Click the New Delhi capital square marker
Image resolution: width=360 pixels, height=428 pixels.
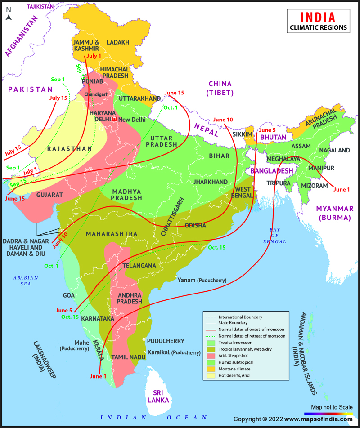pyautogui.click(x=114, y=119)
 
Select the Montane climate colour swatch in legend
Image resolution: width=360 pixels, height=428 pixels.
pyautogui.click(x=211, y=368)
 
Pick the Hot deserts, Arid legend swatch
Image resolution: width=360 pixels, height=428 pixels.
pyautogui.click(x=211, y=375)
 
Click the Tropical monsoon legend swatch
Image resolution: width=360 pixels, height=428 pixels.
pyautogui.click(x=211, y=343)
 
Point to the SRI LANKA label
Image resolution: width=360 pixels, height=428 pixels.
pyautogui.click(x=160, y=396)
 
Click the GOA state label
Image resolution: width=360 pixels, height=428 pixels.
pyautogui.click(x=69, y=295)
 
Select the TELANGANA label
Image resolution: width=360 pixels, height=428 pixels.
pyautogui.click(x=139, y=266)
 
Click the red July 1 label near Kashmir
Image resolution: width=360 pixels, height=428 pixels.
pyautogui.click(x=94, y=56)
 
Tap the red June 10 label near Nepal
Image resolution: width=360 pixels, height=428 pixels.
pyautogui.click(x=223, y=120)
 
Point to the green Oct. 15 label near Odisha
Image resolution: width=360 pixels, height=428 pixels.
pyautogui.click(x=217, y=248)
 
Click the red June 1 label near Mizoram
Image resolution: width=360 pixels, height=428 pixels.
pyautogui.click(x=342, y=189)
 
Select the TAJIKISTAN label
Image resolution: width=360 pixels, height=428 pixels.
pyautogui.click(x=40, y=7)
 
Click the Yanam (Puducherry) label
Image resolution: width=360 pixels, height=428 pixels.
pyautogui.click(x=202, y=280)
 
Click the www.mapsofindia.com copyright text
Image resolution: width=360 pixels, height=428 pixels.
pyautogui.click(x=317, y=419)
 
